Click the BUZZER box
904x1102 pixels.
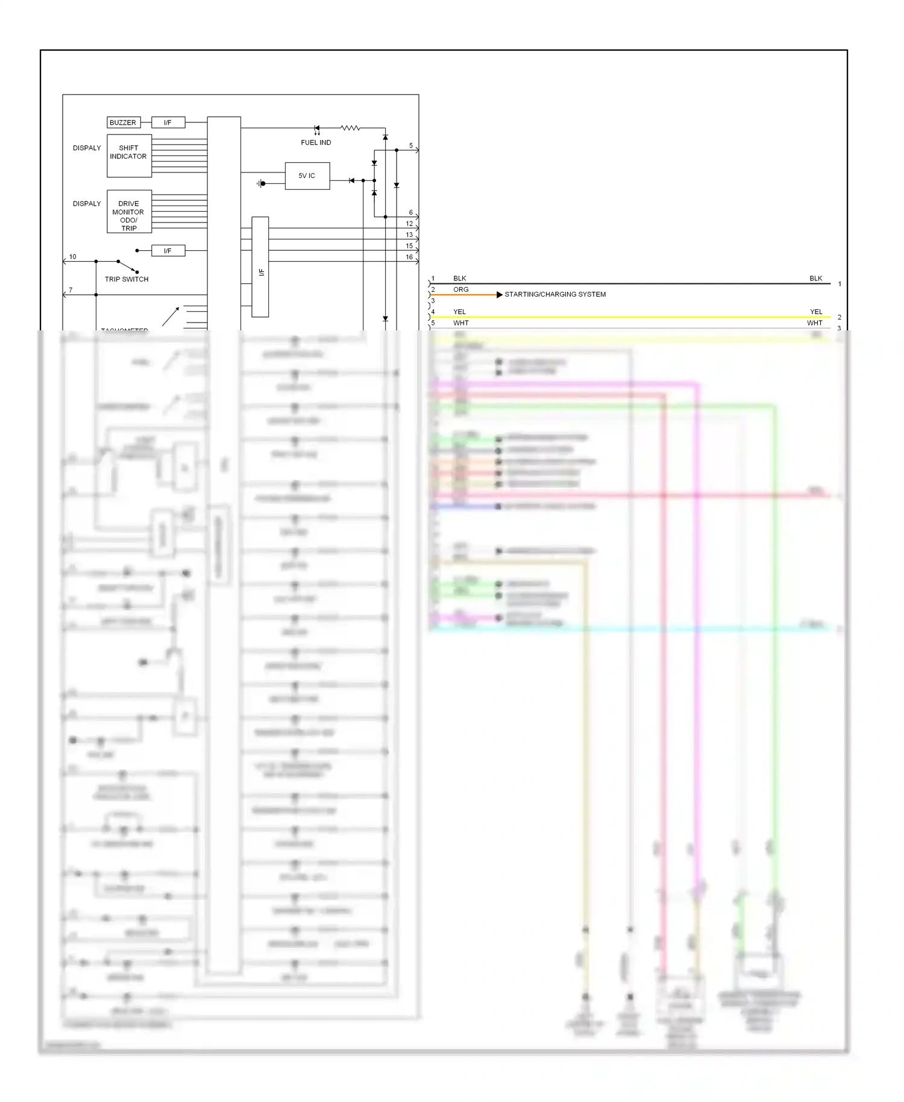(x=124, y=122)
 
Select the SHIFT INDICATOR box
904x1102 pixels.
(x=129, y=156)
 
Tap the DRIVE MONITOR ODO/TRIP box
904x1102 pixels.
(x=129, y=212)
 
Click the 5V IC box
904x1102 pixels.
(x=307, y=176)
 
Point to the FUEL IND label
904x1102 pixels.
(x=316, y=143)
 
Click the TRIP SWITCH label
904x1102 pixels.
(x=127, y=279)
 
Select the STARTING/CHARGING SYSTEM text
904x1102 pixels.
(x=555, y=294)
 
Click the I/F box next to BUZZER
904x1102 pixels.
(x=168, y=122)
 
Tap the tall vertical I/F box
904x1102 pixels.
(x=260, y=267)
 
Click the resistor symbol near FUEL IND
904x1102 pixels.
(x=350, y=128)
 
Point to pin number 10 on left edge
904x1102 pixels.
(x=73, y=257)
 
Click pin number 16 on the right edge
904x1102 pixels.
(x=409, y=257)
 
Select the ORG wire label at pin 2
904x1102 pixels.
(x=461, y=289)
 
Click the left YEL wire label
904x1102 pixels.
(x=460, y=312)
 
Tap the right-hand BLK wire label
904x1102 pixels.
(x=815, y=279)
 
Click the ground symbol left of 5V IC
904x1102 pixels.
(x=261, y=183)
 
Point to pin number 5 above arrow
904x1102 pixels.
(x=411, y=146)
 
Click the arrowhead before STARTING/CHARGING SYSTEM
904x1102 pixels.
(x=499, y=295)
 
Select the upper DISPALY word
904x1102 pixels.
(x=87, y=148)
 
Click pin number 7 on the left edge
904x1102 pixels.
(x=71, y=290)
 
